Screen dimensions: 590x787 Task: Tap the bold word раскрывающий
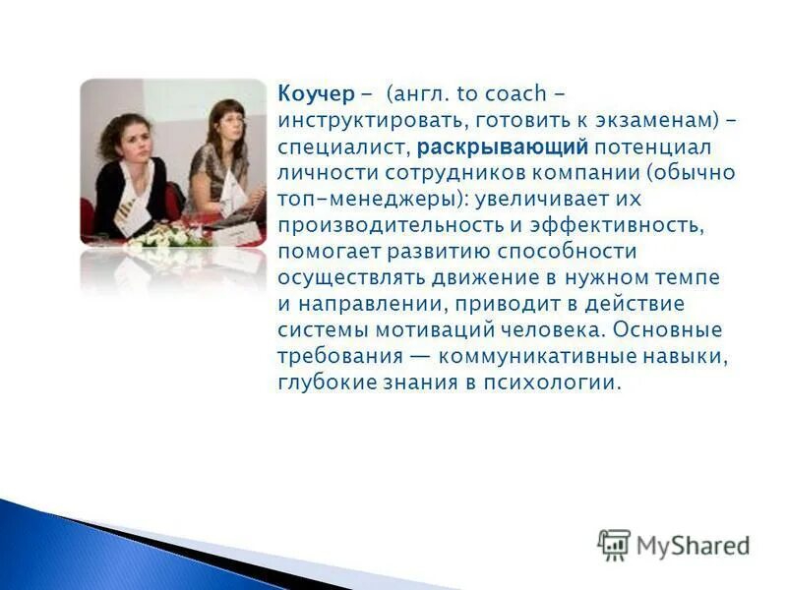point(503,147)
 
